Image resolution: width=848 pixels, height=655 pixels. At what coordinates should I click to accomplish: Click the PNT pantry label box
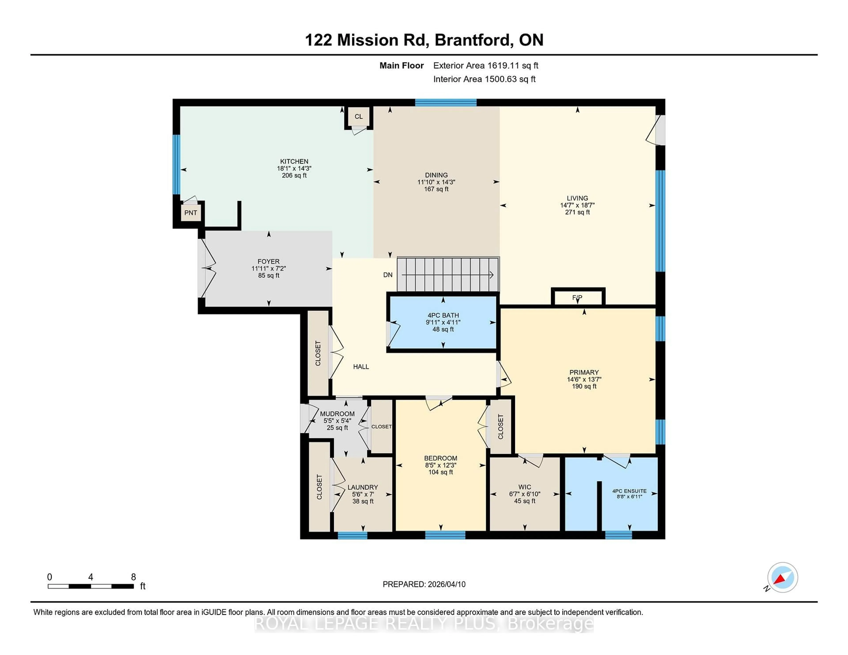[191, 213]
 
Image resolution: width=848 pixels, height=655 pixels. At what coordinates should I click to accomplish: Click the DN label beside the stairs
[388, 275]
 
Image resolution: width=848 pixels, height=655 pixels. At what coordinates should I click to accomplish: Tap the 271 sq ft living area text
[577, 212]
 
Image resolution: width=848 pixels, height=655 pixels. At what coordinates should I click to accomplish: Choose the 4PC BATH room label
[443, 315]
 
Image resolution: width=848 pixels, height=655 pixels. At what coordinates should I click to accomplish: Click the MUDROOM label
[337, 414]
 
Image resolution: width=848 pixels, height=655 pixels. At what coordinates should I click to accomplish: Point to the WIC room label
[524, 487]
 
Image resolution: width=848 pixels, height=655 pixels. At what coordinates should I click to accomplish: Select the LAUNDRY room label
[363, 487]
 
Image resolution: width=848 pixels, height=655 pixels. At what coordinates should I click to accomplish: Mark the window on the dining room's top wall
[445, 102]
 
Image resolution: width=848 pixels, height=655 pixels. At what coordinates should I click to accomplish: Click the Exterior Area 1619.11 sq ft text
[486, 66]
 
